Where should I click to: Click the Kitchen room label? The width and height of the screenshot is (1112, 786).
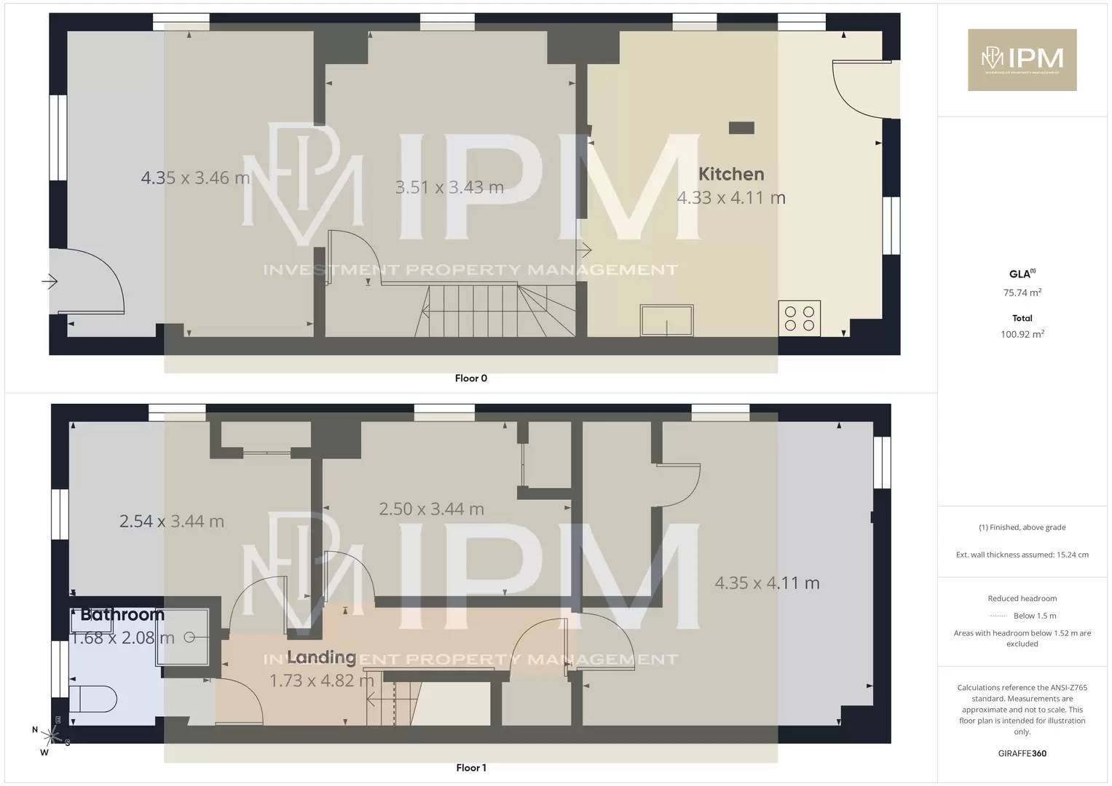731,174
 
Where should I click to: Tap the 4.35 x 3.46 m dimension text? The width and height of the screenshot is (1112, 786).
195,178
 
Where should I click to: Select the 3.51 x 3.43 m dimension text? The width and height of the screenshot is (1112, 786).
449,187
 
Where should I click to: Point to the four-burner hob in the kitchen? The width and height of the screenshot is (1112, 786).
799,319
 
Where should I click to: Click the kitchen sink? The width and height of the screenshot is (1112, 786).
666,320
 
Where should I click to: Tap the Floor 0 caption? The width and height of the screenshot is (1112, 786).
470,378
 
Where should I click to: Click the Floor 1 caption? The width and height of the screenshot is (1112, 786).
470,768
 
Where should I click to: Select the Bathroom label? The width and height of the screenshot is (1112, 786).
122,615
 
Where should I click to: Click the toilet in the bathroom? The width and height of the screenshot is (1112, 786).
93,699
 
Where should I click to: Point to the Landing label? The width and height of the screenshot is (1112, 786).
321,658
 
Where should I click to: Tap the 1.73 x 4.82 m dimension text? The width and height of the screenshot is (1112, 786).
321,681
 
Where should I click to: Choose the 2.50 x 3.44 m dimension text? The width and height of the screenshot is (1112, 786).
431,509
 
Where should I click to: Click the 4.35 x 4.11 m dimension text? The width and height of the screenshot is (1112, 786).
767,583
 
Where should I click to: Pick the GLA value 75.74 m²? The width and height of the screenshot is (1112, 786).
1022,293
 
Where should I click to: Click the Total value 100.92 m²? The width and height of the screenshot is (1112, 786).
1022,335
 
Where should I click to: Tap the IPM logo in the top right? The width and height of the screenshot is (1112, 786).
1022,60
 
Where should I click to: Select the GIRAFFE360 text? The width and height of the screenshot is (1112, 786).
1022,753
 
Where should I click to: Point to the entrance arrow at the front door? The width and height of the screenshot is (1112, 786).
50,281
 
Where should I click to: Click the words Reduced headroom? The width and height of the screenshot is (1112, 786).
1022,598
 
